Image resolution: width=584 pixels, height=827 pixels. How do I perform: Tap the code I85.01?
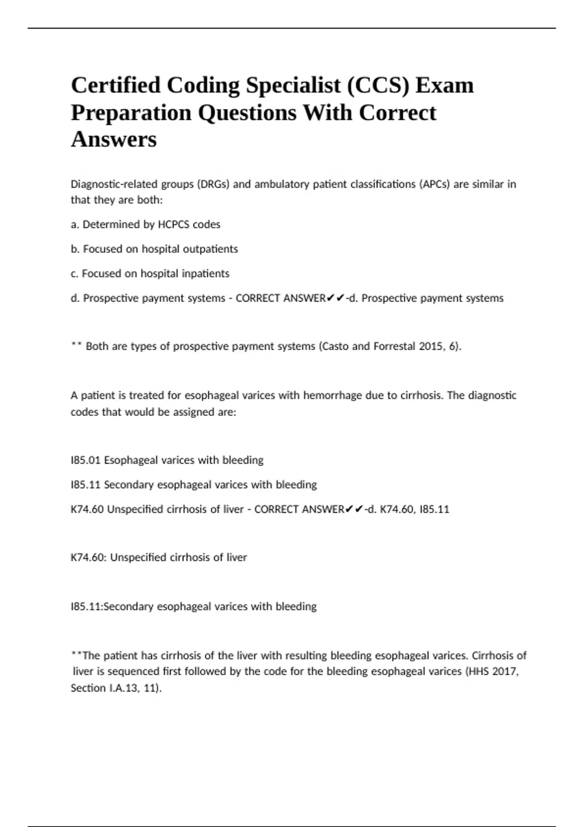(86, 460)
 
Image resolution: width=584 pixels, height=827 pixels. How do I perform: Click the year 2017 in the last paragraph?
(506, 672)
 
